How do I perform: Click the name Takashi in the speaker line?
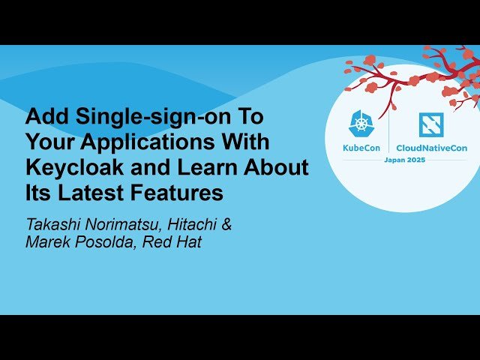click(53, 223)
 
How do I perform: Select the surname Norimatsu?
click(121, 223)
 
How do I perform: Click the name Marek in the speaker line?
click(46, 241)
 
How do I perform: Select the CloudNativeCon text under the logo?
click(431, 148)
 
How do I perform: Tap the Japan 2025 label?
click(405, 160)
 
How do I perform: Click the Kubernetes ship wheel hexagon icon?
click(363, 124)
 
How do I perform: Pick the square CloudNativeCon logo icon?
click(430, 124)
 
